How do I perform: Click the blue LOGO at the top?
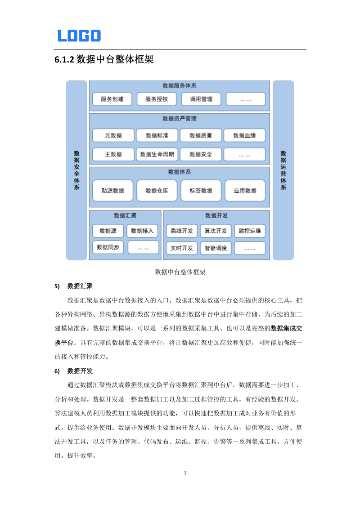[x=79, y=36]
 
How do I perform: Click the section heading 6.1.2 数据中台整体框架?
[x=104, y=59]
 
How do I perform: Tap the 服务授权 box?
[x=156, y=99]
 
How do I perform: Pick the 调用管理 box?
[x=201, y=99]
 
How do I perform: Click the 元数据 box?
[x=113, y=135]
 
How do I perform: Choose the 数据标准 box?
[x=157, y=135]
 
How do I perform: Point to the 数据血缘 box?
[x=245, y=135]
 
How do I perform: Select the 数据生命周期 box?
[x=157, y=154]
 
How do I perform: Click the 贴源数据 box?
[x=112, y=191]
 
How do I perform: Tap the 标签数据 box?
[x=201, y=191]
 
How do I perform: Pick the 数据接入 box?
[x=142, y=231]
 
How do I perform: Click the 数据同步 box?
[x=108, y=247]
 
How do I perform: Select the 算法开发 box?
[x=216, y=231]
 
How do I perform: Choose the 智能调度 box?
[x=216, y=248]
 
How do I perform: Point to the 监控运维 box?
[x=249, y=231]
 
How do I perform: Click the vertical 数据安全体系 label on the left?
[x=76, y=170]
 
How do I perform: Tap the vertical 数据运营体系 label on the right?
[x=283, y=170]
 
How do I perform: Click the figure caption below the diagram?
[x=180, y=272]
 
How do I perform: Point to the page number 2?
[x=185, y=473]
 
